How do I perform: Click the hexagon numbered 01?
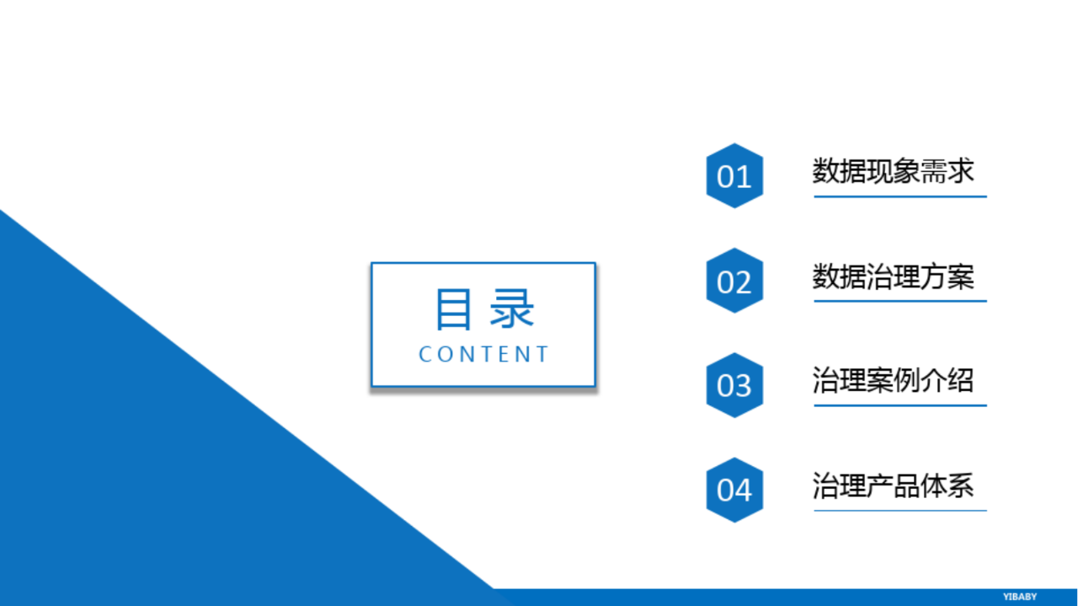734,175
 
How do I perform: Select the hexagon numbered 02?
734,281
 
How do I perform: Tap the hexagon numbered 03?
734,385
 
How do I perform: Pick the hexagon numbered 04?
734,490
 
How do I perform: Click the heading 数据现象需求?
894,171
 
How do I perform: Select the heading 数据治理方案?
894,277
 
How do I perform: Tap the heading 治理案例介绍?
894,381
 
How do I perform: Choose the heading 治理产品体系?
894,485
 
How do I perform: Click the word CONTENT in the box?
483,354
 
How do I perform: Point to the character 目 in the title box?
453,309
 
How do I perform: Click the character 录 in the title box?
511,309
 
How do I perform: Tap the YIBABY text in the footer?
1020,597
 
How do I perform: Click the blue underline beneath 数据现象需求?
900,196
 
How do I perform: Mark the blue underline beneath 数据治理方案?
900,301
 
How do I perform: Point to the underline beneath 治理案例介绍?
900,405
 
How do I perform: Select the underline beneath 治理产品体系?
900,510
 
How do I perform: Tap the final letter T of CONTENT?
542,354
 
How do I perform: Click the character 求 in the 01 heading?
961,171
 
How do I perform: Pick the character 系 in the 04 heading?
961,485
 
